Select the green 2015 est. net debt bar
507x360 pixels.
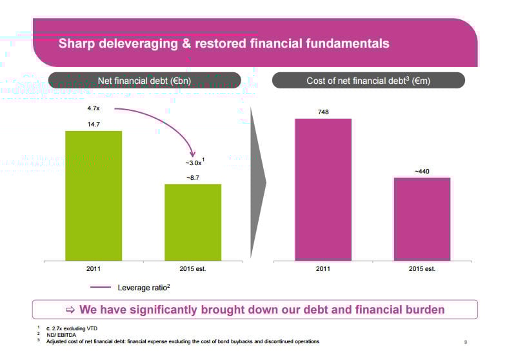tap(193, 222)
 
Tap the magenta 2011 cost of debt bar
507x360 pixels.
tap(323, 190)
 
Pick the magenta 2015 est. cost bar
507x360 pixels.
tap(422, 219)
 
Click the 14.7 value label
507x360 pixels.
tap(94, 124)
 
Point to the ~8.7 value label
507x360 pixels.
tap(193, 177)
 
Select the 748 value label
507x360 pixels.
tap(323, 112)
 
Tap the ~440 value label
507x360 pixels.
tap(422, 171)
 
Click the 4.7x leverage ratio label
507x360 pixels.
tap(93, 108)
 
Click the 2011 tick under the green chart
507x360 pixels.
tap(94, 268)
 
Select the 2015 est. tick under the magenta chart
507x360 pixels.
tap(422, 268)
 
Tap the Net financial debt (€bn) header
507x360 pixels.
tap(144, 81)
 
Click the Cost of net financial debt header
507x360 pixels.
tap(368, 81)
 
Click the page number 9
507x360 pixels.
tap(465, 342)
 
